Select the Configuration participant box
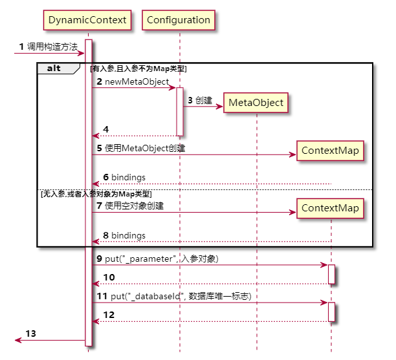[x=179, y=20]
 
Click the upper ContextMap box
[x=330, y=151]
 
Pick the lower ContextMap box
[x=330, y=208]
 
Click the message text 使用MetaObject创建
[x=144, y=149]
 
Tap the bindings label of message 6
[x=127, y=177]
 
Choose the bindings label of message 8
[x=127, y=235]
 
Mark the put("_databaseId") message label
[x=177, y=296]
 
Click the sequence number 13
[x=31, y=334]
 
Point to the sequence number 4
[x=105, y=130]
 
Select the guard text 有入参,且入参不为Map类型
[x=138, y=68]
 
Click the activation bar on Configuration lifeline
[x=180, y=111]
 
